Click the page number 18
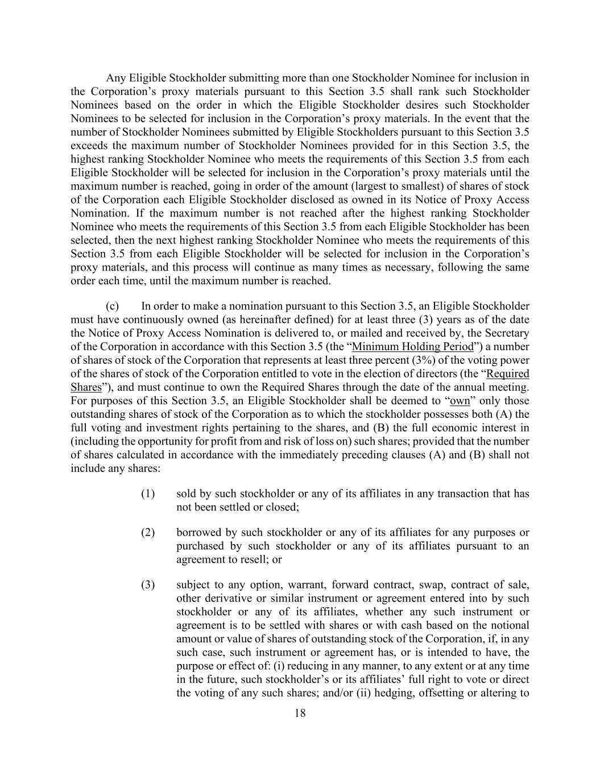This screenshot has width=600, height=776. pyautogui.click(x=300, y=713)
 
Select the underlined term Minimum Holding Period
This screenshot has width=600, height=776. pyautogui.click(x=413, y=347)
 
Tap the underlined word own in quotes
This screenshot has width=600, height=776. pyautogui.click(x=460, y=401)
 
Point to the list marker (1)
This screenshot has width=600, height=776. pyautogui.click(x=148, y=493)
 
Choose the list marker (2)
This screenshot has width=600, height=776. pyautogui.click(x=148, y=533)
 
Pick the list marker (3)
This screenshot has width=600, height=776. pyautogui.click(x=148, y=585)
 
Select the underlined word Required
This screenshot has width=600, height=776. pyautogui.click(x=508, y=374)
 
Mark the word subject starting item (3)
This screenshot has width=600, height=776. pyautogui.click(x=192, y=585)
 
